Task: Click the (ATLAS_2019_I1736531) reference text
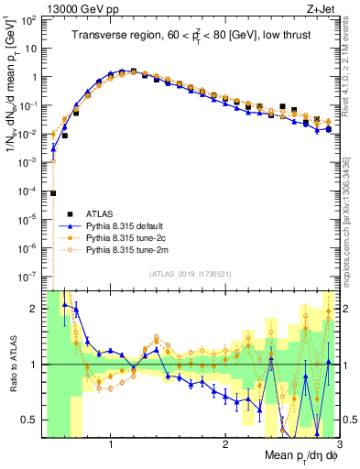(190, 274)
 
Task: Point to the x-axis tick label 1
(111, 444)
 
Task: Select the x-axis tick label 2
(224, 444)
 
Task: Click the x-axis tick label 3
(337, 444)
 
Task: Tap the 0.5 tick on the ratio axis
(32, 420)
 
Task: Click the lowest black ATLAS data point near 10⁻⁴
(54, 193)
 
